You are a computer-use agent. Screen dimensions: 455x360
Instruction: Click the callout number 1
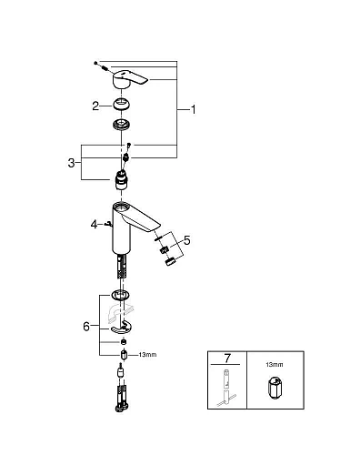pos(192,109)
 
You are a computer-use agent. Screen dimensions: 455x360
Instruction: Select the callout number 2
pos(95,106)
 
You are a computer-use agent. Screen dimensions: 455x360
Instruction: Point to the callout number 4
pos(92,222)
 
